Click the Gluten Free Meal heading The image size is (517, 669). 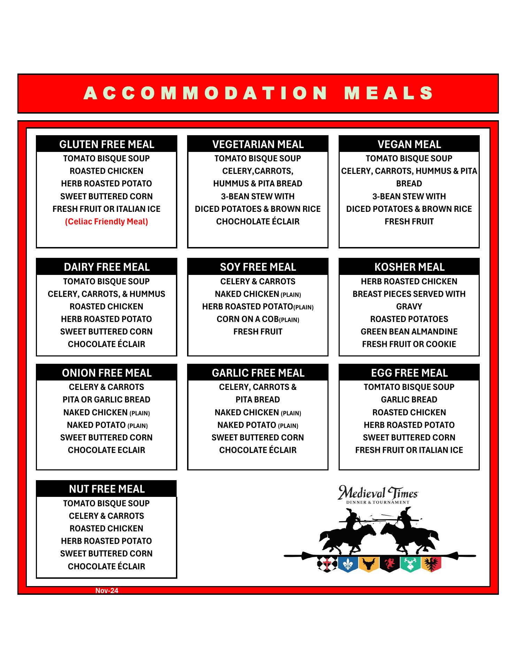107,144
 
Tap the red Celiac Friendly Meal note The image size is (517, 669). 107,222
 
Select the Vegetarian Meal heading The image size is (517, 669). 258,144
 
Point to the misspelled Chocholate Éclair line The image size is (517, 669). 258,222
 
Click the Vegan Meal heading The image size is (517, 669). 409,144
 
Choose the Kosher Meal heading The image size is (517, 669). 409,267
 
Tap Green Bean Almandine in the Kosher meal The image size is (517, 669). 409,332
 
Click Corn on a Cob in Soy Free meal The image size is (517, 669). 258,319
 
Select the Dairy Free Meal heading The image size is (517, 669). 107,267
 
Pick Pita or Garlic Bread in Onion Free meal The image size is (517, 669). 107,400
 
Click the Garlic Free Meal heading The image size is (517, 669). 258,373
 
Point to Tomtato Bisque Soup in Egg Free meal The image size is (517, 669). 409,387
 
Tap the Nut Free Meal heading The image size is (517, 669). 107,489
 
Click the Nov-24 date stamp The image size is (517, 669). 107,591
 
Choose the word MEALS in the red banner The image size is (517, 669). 389,93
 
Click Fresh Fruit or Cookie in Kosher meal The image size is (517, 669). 409,344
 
